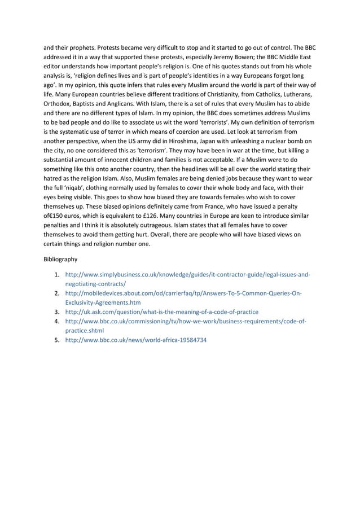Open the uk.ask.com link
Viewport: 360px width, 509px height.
click(x=162, y=311)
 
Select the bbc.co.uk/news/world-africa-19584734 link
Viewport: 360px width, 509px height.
click(x=136, y=341)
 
